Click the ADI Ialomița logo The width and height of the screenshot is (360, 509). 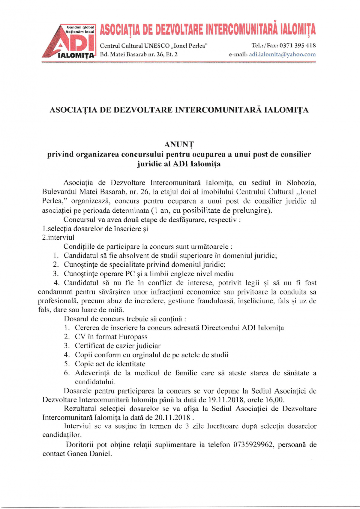[69, 41]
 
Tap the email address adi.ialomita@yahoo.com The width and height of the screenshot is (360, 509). [282, 55]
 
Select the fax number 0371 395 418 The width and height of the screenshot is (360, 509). [298, 46]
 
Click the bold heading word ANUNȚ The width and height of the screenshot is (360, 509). [179, 145]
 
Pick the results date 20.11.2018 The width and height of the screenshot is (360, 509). [172, 418]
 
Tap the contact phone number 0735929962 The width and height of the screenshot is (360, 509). [253, 445]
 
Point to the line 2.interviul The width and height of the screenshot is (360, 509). [58, 238]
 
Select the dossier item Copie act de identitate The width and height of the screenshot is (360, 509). [110, 364]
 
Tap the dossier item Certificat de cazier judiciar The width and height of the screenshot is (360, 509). [118, 346]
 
